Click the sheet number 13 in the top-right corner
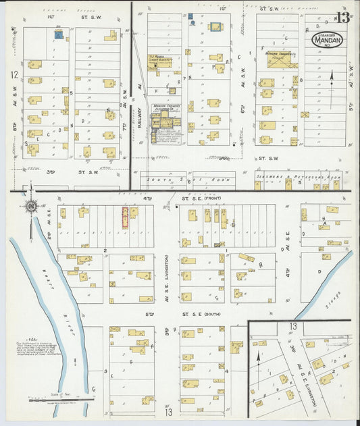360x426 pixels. [343, 17]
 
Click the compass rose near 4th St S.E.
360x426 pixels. [31, 205]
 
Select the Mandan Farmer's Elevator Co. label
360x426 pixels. [166, 107]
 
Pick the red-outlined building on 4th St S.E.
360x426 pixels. [125, 217]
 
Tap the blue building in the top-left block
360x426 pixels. [59, 34]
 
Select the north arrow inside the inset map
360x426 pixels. [259, 356]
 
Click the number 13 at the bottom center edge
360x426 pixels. [167, 412]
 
